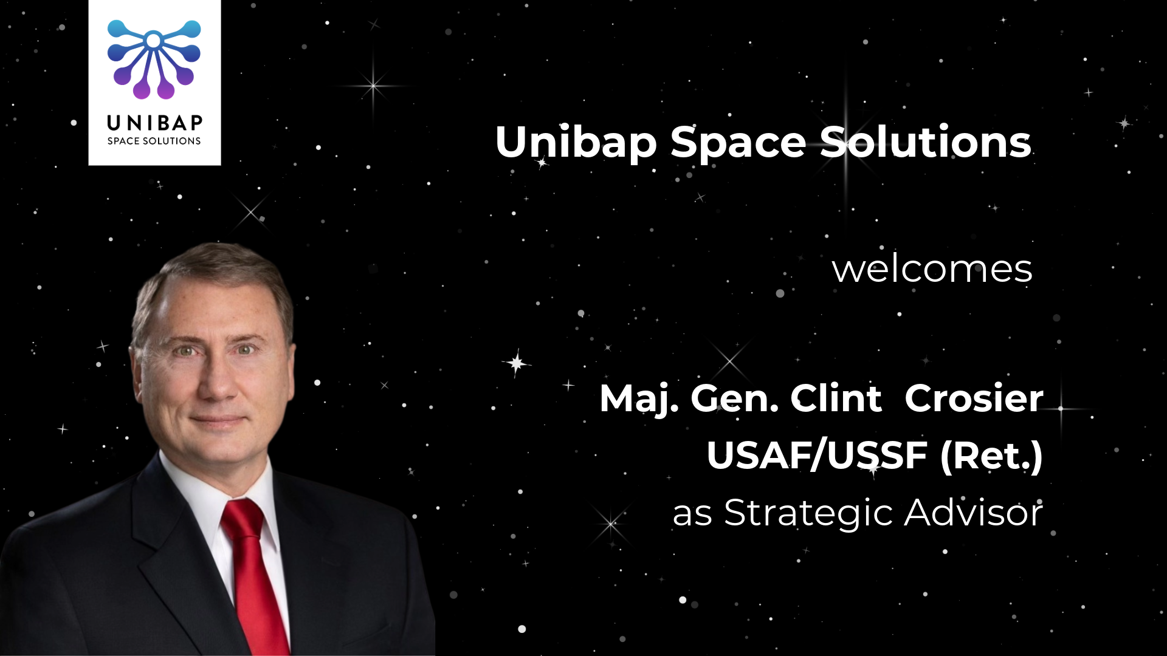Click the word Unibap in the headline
(x=576, y=142)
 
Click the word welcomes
(x=932, y=269)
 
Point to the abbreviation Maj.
(x=639, y=400)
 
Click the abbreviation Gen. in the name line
(x=735, y=398)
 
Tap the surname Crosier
(x=974, y=398)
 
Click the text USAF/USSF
(x=818, y=455)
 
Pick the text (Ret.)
(x=991, y=456)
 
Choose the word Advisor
(x=974, y=512)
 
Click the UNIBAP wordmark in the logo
(x=154, y=123)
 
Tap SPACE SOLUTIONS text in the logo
(x=154, y=141)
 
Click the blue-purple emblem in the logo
(x=154, y=59)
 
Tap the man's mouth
(x=218, y=419)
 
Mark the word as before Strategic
(x=692, y=514)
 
